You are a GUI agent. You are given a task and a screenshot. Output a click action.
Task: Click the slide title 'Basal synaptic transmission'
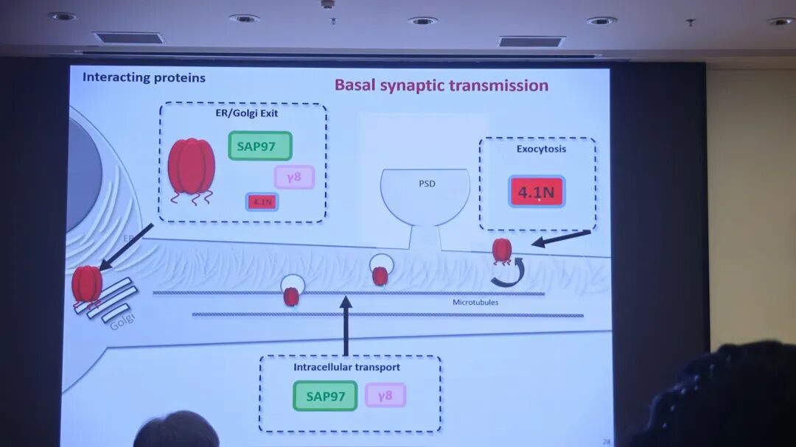coord(441,85)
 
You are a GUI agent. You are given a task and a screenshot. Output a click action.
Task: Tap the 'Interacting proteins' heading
coord(144,77)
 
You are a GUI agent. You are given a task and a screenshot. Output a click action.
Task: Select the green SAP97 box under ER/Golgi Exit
coord(260,146)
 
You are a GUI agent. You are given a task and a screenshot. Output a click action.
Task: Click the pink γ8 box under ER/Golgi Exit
coord(294,177)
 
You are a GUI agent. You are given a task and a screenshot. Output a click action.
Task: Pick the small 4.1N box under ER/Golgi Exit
coord(262,202)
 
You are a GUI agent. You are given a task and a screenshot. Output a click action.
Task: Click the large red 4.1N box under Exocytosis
coord(537,192)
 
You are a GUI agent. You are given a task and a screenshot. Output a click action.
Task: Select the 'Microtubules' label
coord(475,303)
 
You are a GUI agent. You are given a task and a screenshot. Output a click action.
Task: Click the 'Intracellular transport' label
coord(346,367)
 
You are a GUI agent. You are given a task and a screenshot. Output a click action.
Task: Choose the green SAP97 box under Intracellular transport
coord(325,396)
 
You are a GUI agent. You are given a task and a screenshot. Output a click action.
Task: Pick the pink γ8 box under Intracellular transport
coord(385,395)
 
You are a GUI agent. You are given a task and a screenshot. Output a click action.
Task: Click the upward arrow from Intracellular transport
coord(346,324)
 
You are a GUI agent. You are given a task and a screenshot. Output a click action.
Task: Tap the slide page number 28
coord(607,442)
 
